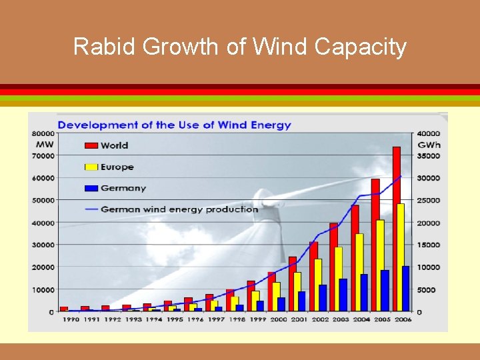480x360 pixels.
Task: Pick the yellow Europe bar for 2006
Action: [x=401, y=257]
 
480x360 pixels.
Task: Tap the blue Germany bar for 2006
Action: [x=405, y=289]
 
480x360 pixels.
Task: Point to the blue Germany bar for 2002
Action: [x=323, y=298]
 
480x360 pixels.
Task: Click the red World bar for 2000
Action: [x=271, y=291]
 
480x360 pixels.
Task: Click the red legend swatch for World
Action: [x=91, y=145]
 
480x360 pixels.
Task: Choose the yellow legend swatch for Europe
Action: [x=91, y=167]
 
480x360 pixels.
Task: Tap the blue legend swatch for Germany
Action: [x=91, y=189]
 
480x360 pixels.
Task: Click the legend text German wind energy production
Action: [x=179, y=209]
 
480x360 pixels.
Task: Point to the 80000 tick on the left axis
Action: [x=43, y=133]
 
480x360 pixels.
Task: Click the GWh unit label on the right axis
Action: [x=429, y=145]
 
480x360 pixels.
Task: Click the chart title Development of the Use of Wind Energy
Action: [x=174, y=125]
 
